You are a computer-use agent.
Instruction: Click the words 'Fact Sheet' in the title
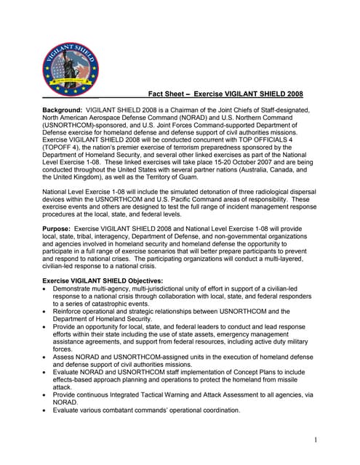pos(168,94)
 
